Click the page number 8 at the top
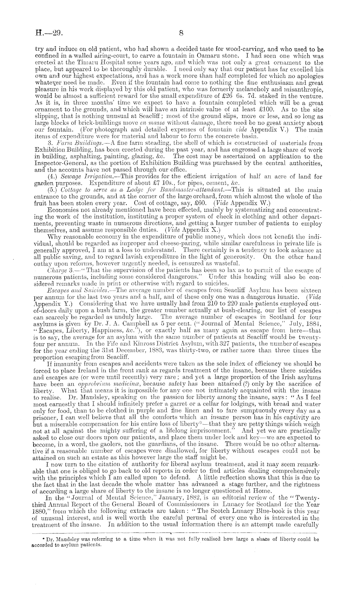click(181, 33)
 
